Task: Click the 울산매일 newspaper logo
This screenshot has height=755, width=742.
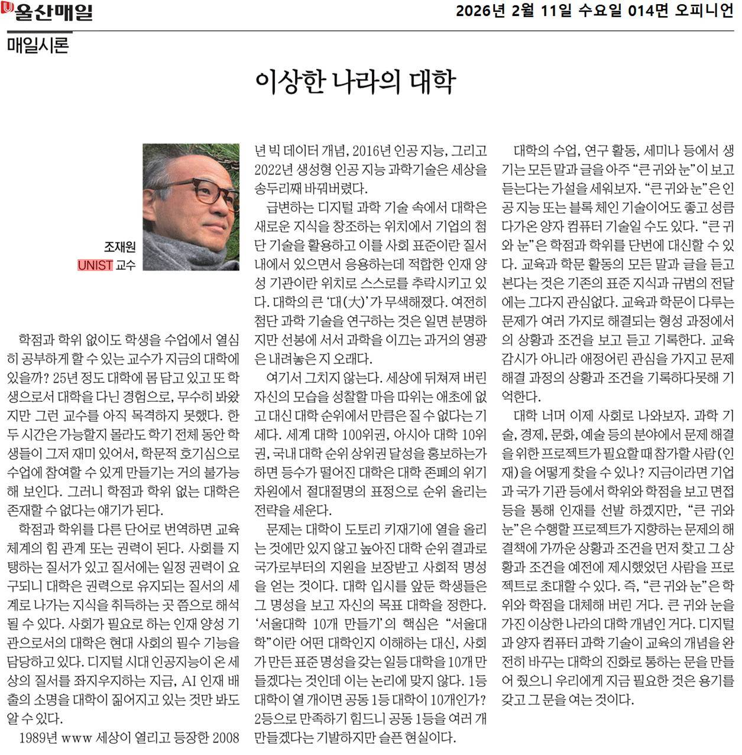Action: click(48, 12)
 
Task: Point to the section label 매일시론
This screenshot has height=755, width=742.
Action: click(38, 46)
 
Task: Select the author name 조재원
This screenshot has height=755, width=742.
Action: click(119, 247)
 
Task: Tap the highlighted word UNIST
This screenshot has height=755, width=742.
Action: click(95, 265)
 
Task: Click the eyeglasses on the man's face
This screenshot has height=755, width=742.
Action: click(207, 192)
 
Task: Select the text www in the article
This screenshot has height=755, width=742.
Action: click(75, 738)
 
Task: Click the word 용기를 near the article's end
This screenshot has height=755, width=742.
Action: click(715, 680)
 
